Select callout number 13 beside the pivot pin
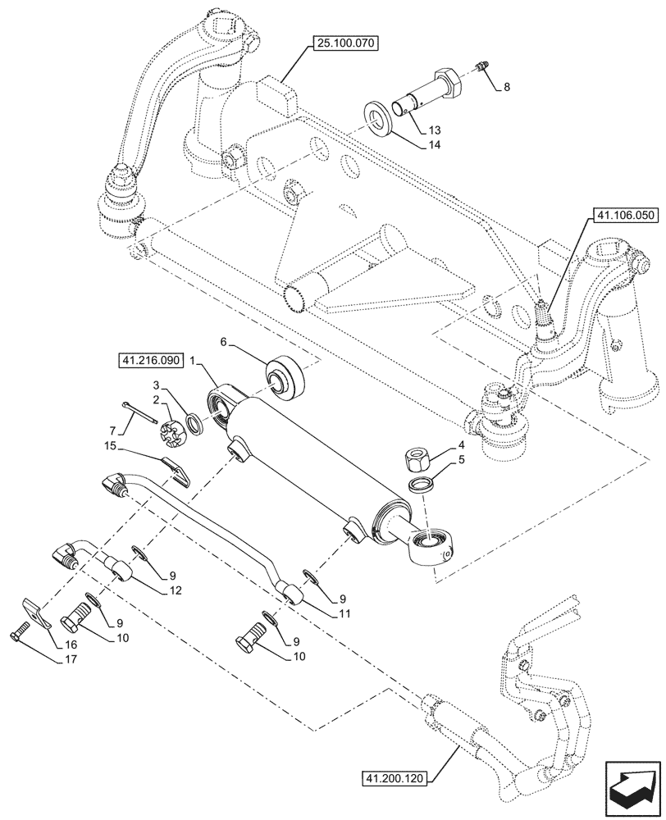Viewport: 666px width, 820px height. tap(434, 130)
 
